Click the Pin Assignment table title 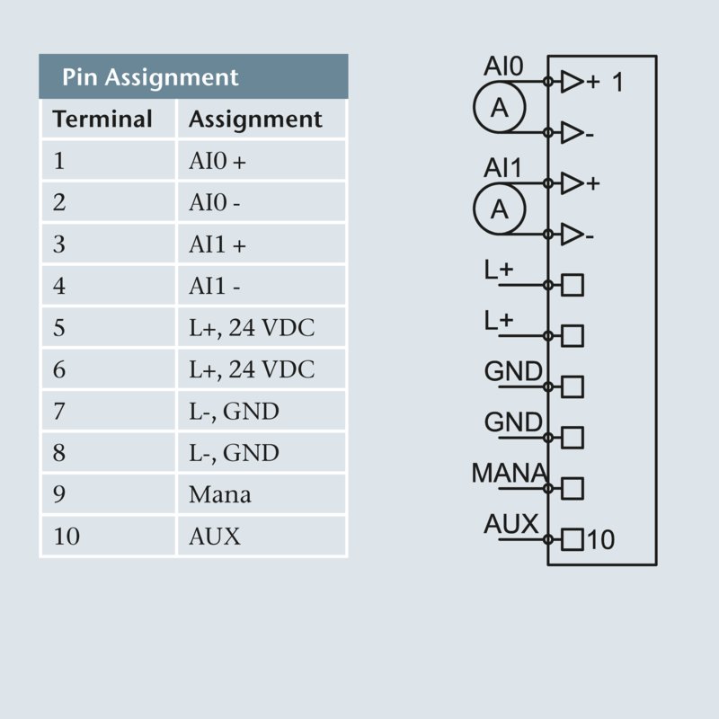point(150,77)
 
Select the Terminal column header point(102,120)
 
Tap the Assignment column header point(255,120)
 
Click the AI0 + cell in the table point(217,162)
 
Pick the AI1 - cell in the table point(215,287)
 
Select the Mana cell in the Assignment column point(219,494)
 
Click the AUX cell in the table point(215,537)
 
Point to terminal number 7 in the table point(59,412)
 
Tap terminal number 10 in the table point(67,537)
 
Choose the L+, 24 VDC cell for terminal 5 point(252,328)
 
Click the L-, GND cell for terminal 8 point(234,453)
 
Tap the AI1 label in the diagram point(503,168)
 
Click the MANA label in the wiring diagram point(509,472)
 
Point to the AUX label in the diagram point(510,523)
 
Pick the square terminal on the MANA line point(573,488)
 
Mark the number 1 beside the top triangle point(617,83)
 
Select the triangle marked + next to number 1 point(572,83)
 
